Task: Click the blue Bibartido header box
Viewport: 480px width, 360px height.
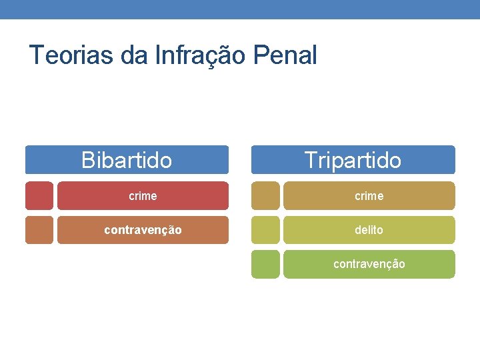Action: pos(127,160)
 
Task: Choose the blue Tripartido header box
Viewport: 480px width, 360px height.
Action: pos(353,160)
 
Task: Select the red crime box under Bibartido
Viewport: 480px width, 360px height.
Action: pos(143,196)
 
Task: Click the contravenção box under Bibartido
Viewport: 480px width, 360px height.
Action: pos(143,230)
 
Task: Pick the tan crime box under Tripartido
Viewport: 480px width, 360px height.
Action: pos(369,196)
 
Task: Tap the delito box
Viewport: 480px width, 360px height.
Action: pos(369,230)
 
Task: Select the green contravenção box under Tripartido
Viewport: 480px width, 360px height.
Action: pos(369,264)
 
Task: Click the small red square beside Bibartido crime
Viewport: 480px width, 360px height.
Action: pos(39,196)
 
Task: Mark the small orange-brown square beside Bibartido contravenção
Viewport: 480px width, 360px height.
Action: pos(39,230)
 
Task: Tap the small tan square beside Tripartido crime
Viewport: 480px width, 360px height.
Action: pos(265,196)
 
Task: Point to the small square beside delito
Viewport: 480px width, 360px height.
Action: pos(265,230)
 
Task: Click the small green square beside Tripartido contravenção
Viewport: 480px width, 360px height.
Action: pos(265,264)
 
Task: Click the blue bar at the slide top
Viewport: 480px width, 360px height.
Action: pos(240,9)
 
